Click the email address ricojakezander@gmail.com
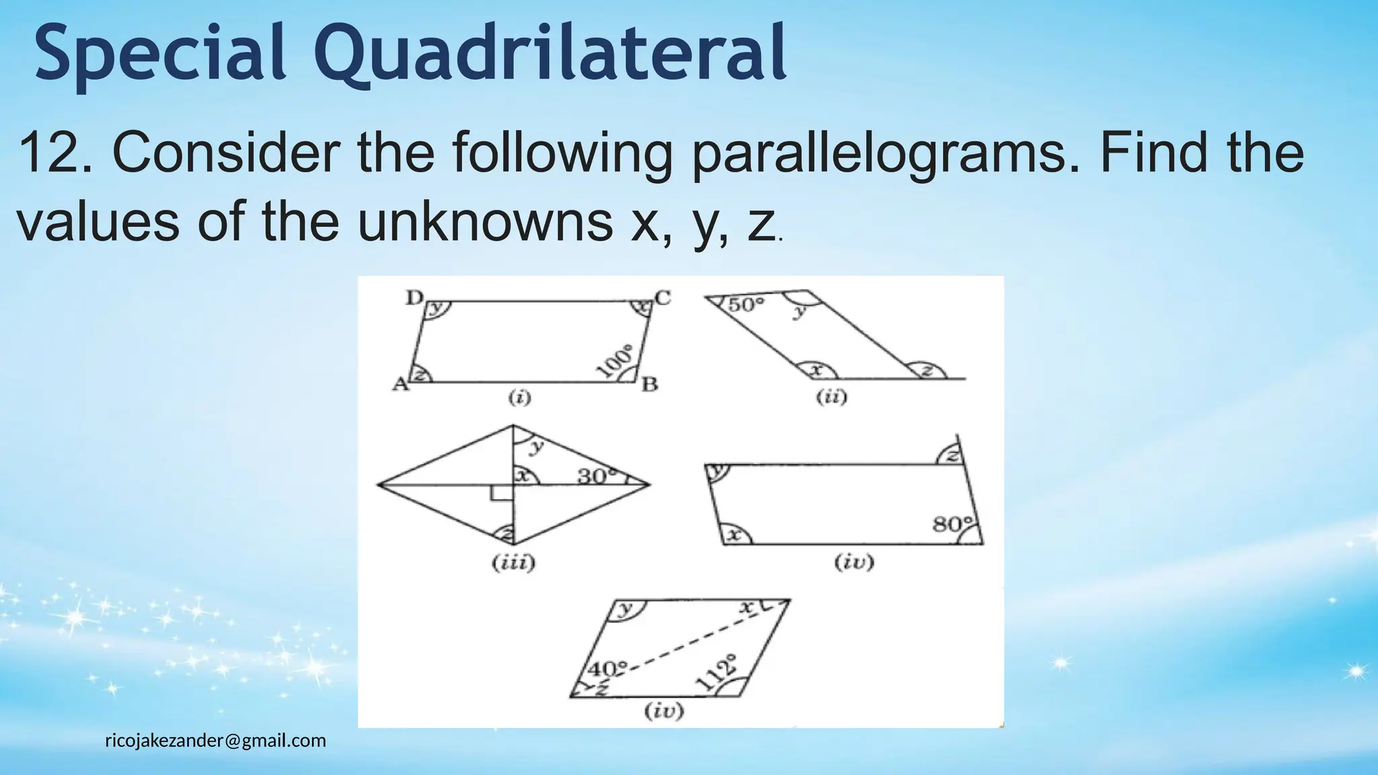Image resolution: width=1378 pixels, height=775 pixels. [215, 741]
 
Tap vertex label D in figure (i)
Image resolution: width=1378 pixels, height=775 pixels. [414, 297]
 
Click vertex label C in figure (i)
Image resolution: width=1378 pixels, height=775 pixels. [663, 297]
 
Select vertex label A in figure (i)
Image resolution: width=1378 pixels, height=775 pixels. [400, 384]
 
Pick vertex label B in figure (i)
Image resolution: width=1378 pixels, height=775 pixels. [649, 385]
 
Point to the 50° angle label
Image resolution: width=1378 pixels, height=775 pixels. [746, 305]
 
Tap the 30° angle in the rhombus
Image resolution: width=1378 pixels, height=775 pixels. [597, 476]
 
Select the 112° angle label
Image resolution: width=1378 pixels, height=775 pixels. [715, 672]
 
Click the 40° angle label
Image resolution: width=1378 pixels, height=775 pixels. [607, 669]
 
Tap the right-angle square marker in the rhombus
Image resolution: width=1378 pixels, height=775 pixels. [501, 493]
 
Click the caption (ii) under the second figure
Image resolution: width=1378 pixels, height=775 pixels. [832, 397]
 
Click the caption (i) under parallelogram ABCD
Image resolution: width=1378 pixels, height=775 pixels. [519, 398]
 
